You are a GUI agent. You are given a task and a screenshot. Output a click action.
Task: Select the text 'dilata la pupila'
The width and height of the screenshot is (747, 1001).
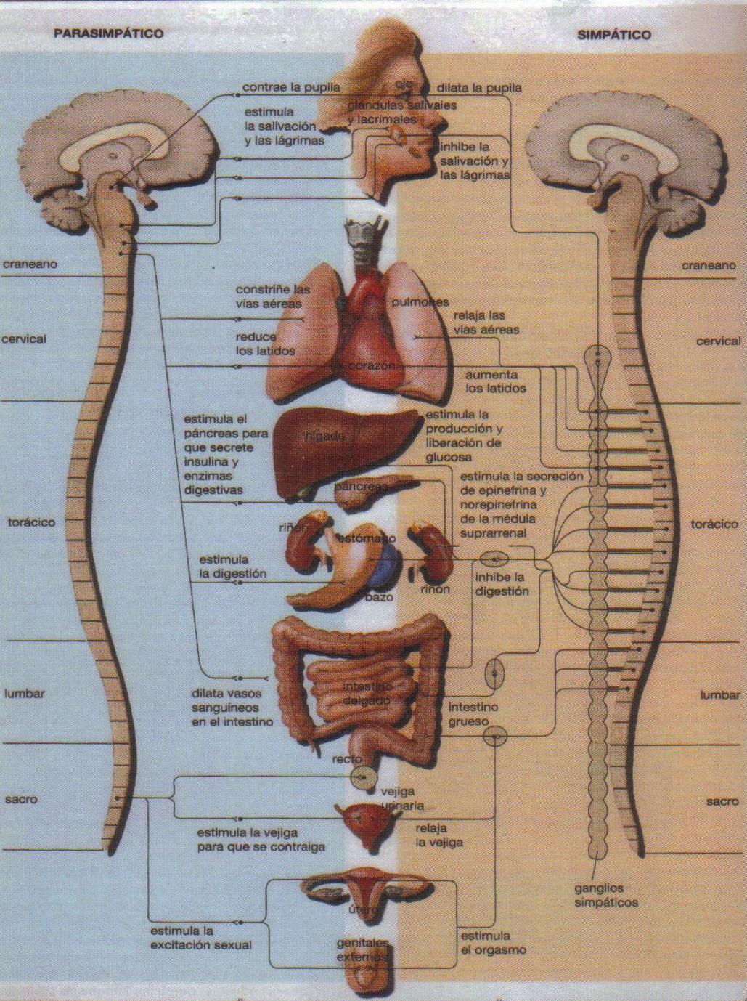478,88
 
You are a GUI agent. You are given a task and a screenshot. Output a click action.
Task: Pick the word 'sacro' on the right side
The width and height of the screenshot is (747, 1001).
721,802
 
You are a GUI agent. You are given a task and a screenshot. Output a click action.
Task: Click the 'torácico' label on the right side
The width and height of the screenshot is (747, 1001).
714,524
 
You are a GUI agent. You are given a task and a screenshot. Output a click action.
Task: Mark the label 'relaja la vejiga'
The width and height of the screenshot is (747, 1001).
439,835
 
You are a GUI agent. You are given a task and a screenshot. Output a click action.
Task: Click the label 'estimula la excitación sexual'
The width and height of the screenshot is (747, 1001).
201,938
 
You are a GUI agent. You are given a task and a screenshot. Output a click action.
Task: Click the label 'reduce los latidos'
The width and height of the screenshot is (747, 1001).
265,344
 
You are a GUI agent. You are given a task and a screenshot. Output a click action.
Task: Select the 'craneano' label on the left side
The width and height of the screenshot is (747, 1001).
29,264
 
